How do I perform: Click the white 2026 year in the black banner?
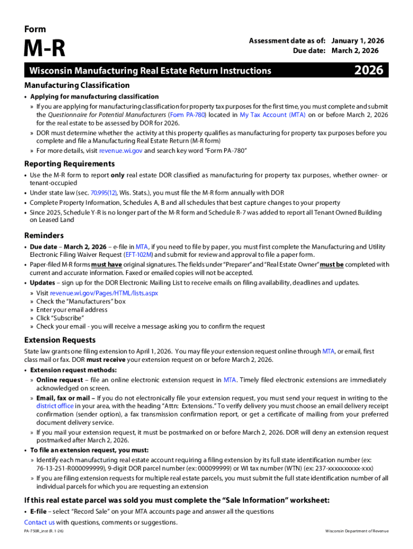368,70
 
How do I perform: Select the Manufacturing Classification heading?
77,85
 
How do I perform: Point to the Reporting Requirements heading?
70,164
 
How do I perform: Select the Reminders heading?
44,235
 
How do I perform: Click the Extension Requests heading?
60,340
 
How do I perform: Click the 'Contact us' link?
39,522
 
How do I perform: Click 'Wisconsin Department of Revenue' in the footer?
357,531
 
